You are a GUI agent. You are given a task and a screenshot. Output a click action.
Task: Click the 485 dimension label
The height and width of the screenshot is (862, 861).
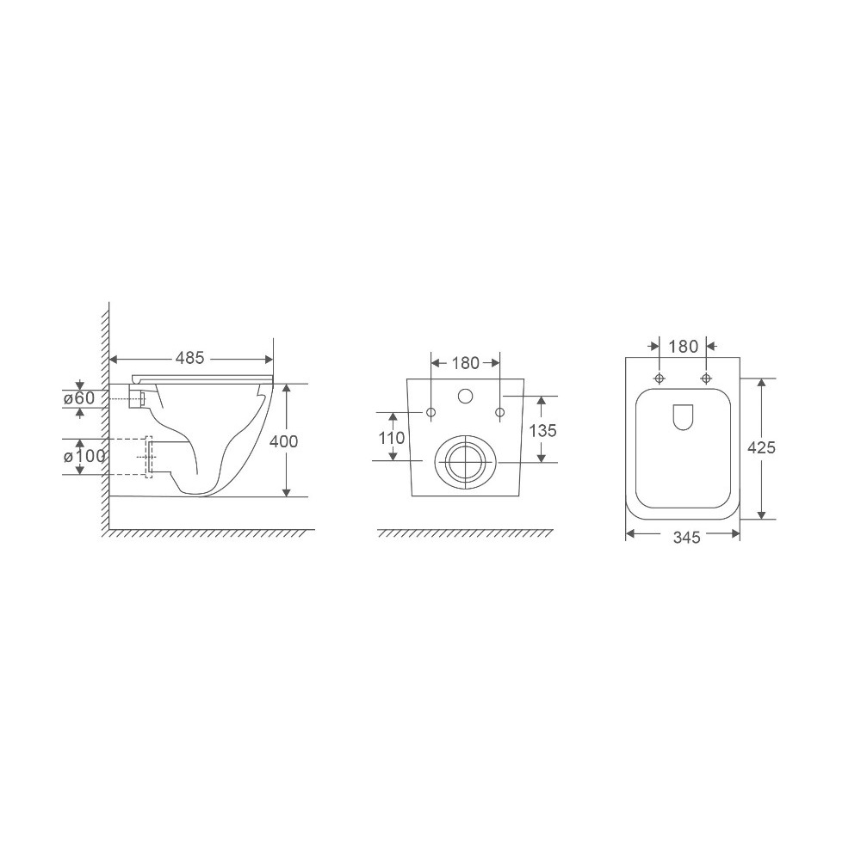click(189, 359)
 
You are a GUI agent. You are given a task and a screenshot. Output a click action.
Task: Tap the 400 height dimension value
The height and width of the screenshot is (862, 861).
click(284, 441)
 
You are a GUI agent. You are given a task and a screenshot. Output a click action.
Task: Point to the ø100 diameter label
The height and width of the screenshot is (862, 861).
click(84, 456)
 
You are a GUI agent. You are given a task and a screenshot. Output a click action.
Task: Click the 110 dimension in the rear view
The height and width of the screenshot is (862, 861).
click(392, 438)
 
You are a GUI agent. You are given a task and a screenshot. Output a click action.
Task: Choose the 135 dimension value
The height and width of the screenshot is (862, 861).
click(543, 430)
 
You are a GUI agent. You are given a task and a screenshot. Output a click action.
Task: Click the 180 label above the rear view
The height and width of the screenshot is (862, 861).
click(466, 363)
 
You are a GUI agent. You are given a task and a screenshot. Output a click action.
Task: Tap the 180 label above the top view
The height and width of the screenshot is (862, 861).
click(684, 347)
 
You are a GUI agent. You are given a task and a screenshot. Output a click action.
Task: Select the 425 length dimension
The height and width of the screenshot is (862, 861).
click(761, 448)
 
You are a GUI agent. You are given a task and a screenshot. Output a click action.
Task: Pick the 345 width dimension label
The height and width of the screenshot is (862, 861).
click(686, 537)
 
